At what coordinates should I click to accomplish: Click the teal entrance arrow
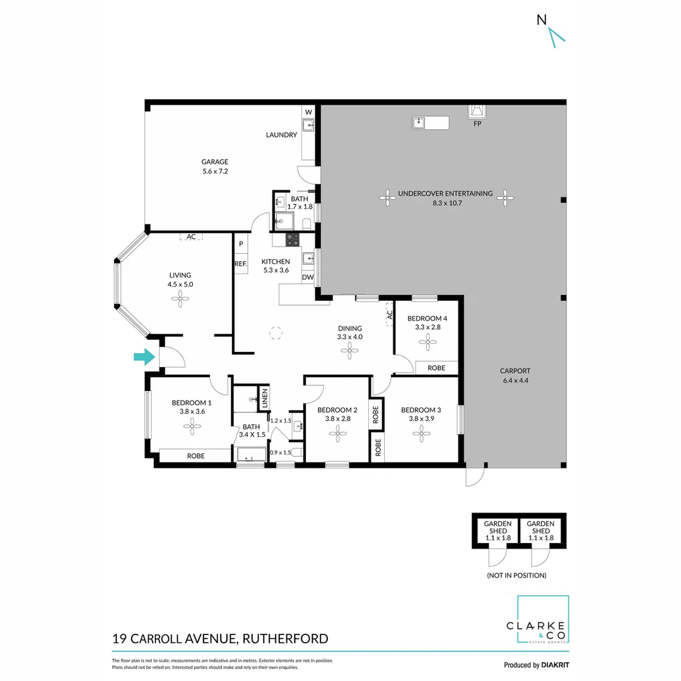(144, 358)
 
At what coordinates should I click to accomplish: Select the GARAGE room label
(215, 161)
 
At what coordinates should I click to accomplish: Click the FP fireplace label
(477, 124)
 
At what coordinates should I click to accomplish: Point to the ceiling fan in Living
(180, 300)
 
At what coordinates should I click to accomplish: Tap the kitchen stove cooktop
(293, 239)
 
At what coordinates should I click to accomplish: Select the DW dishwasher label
(307, 277)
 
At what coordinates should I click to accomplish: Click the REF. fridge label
(240, 264)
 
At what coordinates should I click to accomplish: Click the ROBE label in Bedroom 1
(195, 455)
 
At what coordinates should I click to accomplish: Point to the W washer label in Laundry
(308, 113)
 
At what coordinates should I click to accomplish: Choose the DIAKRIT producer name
(555, 665)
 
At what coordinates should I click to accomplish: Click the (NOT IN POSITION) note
(516, 575)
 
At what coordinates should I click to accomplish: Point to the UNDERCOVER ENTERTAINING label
(445, 194)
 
